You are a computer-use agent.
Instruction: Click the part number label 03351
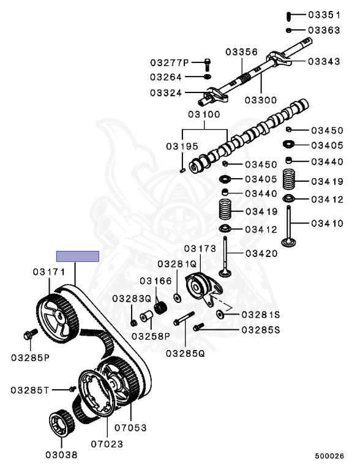click(x=324, y=15)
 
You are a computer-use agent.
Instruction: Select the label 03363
click(x=324, y=29)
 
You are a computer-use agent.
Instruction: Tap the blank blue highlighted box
click(x=78, y=256)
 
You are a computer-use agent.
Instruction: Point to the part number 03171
click(x=50, y=270)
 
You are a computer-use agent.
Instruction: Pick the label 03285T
click(x=44, y=389)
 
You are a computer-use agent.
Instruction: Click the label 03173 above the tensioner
click(x=200, y=249)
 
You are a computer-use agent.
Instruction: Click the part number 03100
click(x=204, y=114)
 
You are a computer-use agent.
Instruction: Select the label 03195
click(x=182, y=146)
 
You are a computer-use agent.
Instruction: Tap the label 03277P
click(x=170, y=62)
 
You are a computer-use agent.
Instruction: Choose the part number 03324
click(x=166, y=93)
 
